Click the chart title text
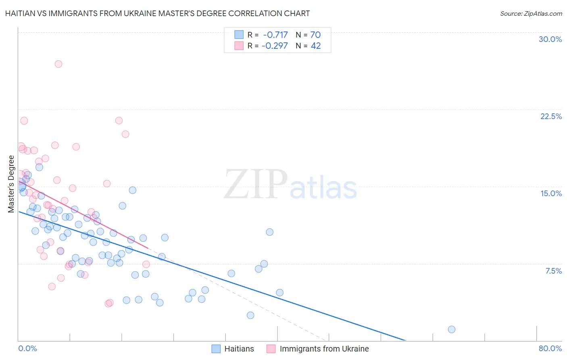click(x=157, y=13)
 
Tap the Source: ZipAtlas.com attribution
click(x=531, y=13)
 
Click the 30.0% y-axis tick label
click(x=550, y=39)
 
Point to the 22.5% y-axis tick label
click(x=551, y=116)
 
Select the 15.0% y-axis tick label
click(x=551, y=193)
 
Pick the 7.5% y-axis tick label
click(x=553, y=271)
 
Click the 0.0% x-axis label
click(x=27, y=348)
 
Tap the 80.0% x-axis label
click(x=550, y=348)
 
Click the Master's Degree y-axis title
click(x=11, y=184)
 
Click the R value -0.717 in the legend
click(x=275, y=35)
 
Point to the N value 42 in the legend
click(x=316, y=46)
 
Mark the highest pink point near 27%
click(x=58, y=64)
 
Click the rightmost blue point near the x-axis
click(x=452, y=329)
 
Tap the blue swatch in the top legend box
click(x=239, y=35)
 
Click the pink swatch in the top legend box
click(x=239, y=46)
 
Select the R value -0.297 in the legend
click(x=275, y=46)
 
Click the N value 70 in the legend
click(x=315, y=35)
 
